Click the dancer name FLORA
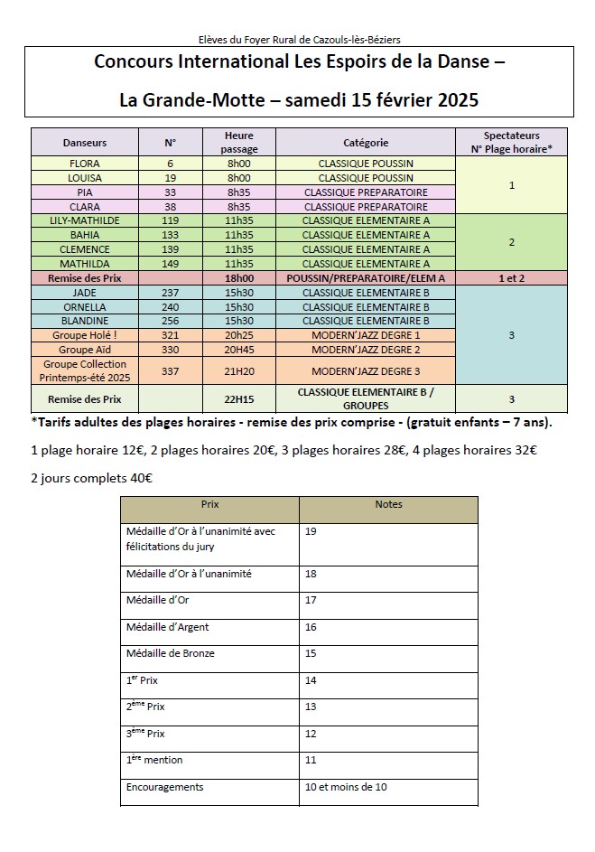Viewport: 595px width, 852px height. (x=85, y=164)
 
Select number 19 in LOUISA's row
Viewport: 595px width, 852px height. (x=170, y=178)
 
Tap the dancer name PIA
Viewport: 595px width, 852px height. (x=85, y=192)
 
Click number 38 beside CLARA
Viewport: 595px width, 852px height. (x=170, y=206)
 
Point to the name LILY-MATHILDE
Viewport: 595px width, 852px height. (x=85, y=220)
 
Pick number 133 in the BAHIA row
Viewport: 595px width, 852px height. (x=170, y=235)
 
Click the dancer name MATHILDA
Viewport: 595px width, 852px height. (x=85, y=264)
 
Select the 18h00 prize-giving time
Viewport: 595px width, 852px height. (x=239, y=278)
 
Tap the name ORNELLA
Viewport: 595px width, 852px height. (x=85, y=306)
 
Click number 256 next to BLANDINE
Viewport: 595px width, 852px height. (x=170, y=321)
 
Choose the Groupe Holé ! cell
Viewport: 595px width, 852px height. (x=85, y=335)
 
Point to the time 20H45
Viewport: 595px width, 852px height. (x=239, y=350)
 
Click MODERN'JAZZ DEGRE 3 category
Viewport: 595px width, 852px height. (x=366, y=370)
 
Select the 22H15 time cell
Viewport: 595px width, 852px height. (x=239, y=398)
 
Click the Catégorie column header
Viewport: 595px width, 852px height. (x=366, y=143)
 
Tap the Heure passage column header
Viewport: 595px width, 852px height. (x=239, y=142)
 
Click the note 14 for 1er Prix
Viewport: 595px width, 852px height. (x=311, y=680)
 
